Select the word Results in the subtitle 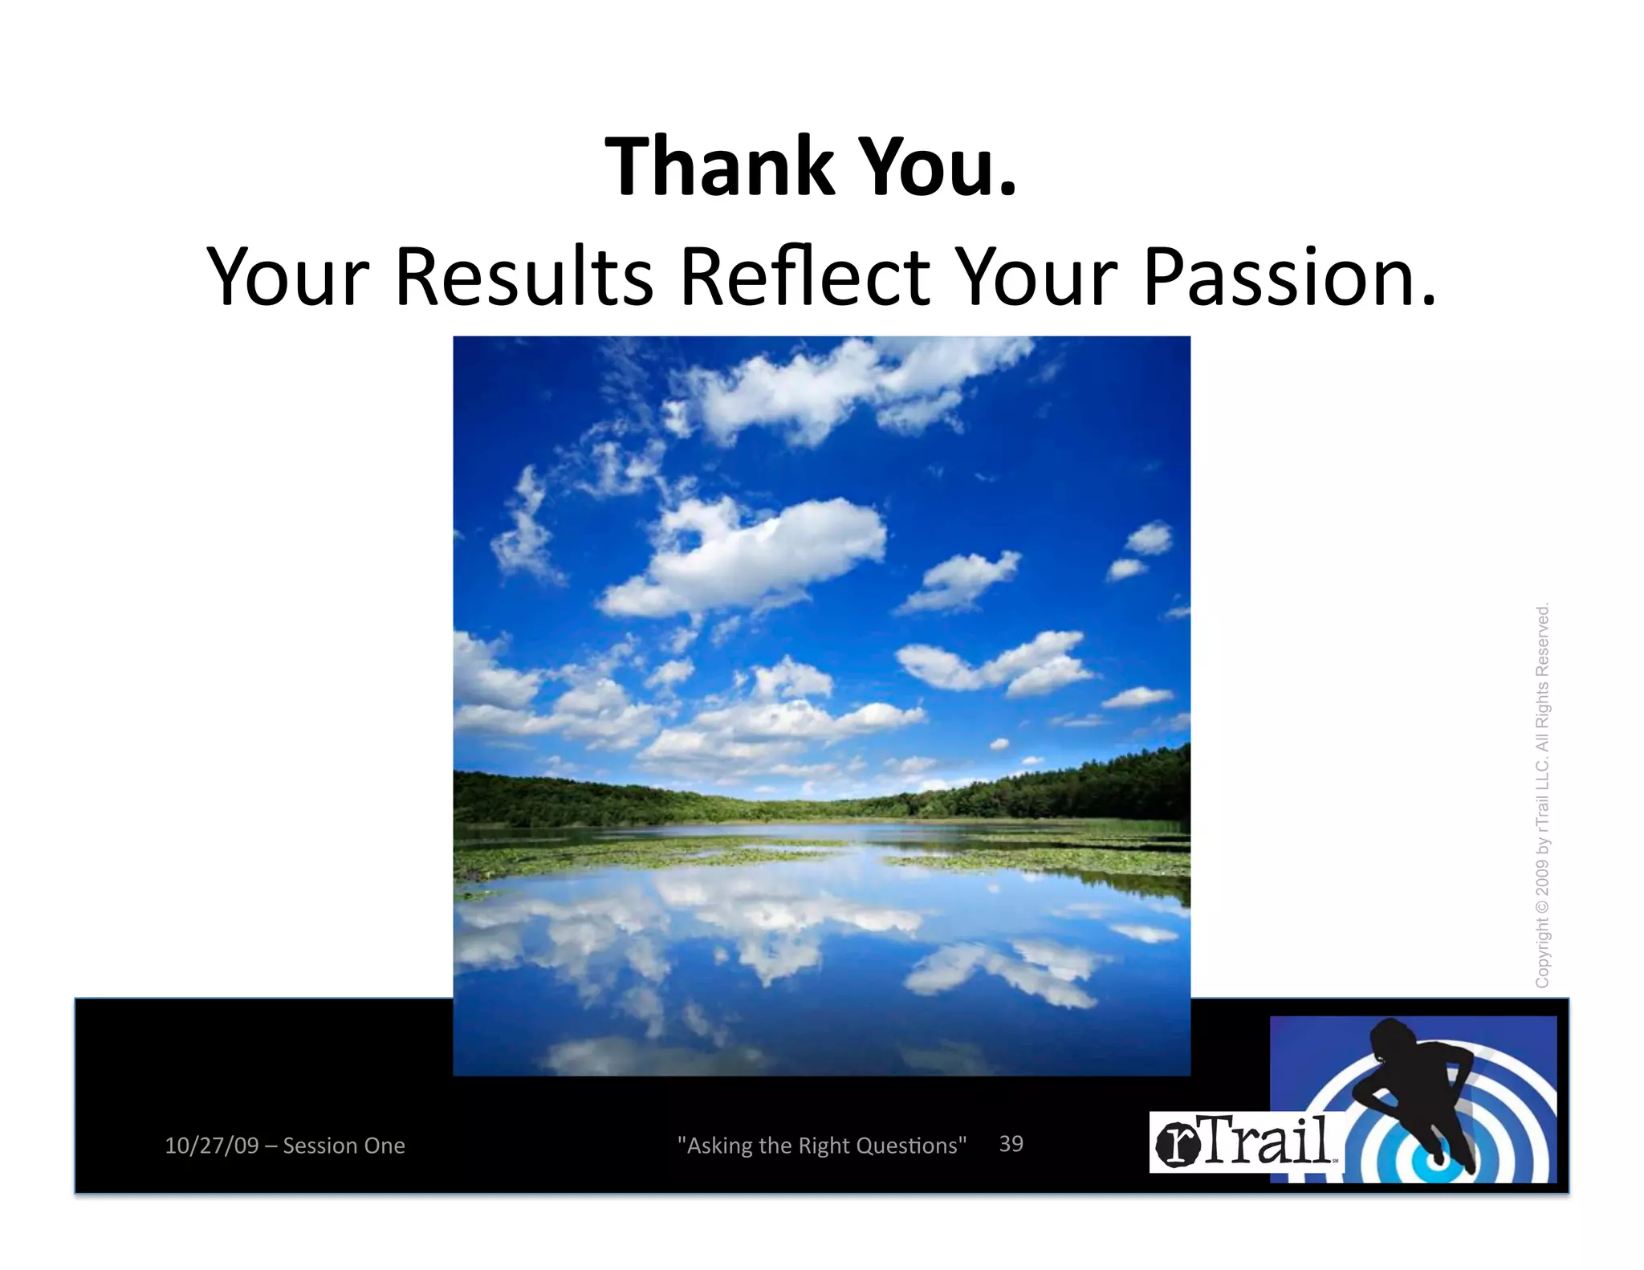[x=524, y=277]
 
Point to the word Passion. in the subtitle [x=1288, y=277]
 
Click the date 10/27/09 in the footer [x=211, y=1146]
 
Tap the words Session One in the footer [x=344, y=1146]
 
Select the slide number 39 [x=1011, y=1144]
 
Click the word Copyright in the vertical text [x=1542, y=955]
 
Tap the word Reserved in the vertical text [x=1542, y=642]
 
